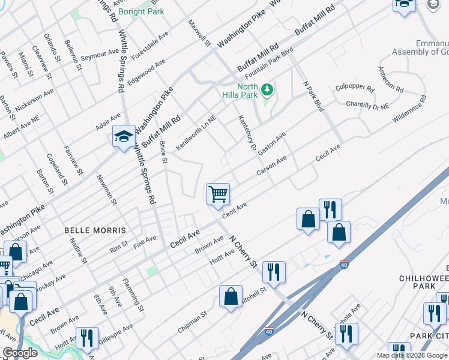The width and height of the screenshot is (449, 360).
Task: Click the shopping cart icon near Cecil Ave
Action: pyautogui.click(x=218, y=194)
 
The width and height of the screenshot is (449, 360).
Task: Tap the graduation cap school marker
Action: pyautogui.click(x=123, y=137)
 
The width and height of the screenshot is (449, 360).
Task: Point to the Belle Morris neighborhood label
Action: pyautogui.click(x=95, y=230)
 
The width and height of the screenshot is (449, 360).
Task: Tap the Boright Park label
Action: pyautogui.click(x=142, y=11)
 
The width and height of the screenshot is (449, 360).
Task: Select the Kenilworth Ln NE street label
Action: pyautogui.click(x=195, y=133)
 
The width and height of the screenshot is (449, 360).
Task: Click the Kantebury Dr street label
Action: pyautogui.click(x=247, y=133)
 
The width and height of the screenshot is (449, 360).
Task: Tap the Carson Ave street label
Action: pyautogui.click(x=271, y=166)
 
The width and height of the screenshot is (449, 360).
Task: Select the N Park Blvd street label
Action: pyautogui.click(x=314, y=96)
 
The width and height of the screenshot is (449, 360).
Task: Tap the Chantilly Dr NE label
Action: pyautogui.click(x=369, y=104)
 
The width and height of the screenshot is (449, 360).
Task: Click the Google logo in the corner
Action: pyautogui.click(x=20, y=353)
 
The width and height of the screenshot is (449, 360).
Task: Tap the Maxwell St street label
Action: pyautogui.click(x=199, y=33)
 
